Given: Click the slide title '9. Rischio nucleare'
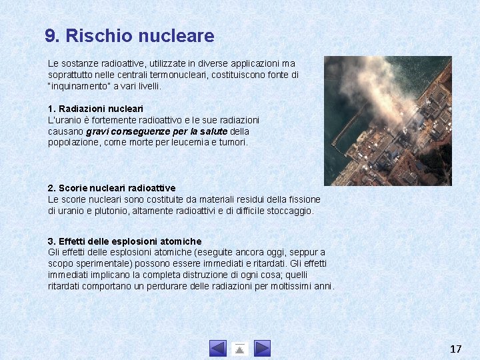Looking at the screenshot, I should [129, 36].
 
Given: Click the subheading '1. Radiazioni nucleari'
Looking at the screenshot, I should [95, 108].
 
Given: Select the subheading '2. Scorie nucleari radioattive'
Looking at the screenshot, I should [111, 188].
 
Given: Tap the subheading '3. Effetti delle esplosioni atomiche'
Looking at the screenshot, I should [124, 241].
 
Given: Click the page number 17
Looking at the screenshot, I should [456, 349].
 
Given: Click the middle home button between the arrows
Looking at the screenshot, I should [240, 348].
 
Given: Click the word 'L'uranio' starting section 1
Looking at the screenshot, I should [64, 119].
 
